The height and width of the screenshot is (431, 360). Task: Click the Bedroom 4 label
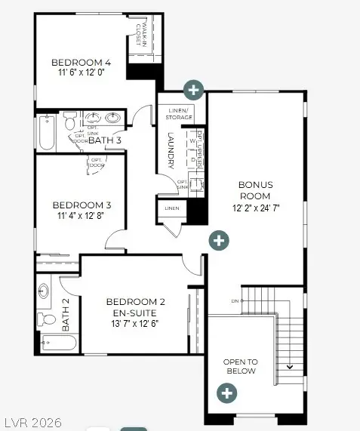pos(81,63)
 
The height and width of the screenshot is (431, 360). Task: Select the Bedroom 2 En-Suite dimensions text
pos(136,323)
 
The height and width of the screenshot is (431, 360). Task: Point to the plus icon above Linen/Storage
pos(194,89)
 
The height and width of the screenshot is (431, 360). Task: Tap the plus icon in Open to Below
pos(226,393)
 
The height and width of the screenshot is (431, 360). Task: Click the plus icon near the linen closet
pos(218,241)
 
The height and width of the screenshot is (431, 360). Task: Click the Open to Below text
pos(240,366)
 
